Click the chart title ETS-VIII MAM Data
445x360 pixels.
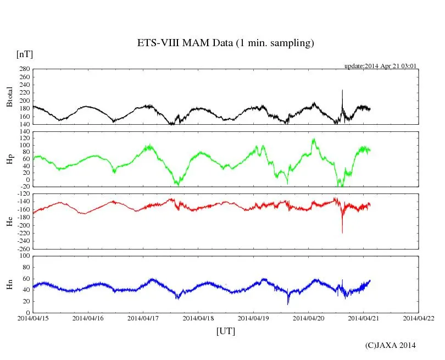[225, 43]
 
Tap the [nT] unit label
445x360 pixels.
[25, 54]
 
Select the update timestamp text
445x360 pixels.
[380, 66]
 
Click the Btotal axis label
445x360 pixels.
[9, 96]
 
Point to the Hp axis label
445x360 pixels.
[9, 159]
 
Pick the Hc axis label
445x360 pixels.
[9, 221]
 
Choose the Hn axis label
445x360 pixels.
[9, 284]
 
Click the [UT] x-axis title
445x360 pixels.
[225, 331]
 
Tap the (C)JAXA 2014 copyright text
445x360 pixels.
[391, 345]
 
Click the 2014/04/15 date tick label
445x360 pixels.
[33, 318]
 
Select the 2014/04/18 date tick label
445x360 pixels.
[198, 318]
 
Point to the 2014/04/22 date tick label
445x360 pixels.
[419, 318]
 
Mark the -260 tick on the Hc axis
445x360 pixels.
[24, 248]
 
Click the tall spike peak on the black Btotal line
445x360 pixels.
[342, 90]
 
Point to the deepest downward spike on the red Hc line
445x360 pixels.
[342, 232]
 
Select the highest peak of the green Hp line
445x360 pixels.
[314, 139]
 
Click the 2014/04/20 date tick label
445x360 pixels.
[308, 318]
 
